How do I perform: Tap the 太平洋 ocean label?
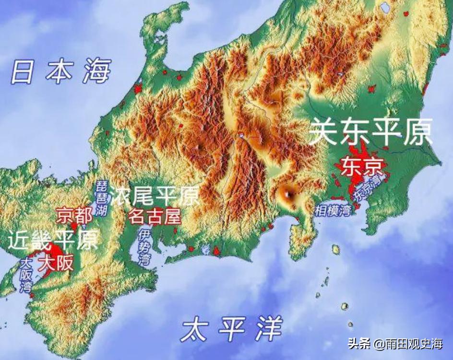[x=232, y=329]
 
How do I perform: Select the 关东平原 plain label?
[x=370, y=132]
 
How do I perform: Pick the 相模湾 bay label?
[x=333, y=209]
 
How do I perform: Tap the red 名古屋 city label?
[x=155, y=217]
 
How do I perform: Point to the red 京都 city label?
[x=74, y=215]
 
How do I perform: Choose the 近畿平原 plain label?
[x=53, y=239]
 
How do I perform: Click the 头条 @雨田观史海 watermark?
[x=395, y=343]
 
